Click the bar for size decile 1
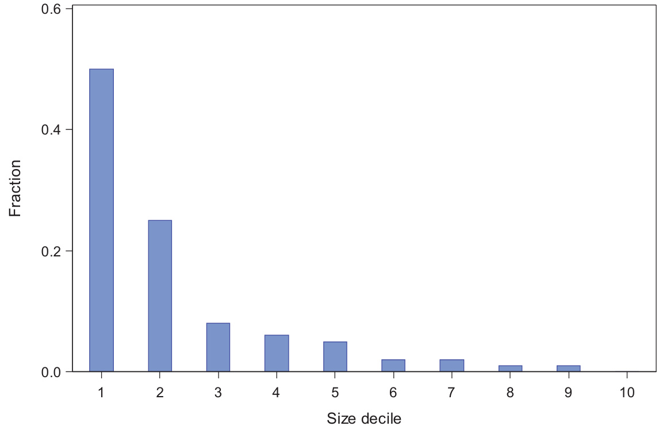(x=101, y=220)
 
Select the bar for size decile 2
(x=160, y=295)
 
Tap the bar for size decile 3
(x=218, y=347)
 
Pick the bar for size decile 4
(x=277, y=353)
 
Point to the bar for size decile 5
(x=335, y=356)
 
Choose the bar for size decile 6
(x=393, y=366)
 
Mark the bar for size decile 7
(x=451, y=366)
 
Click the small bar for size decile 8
(x=510, y=369)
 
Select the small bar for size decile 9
(x=568, y=369)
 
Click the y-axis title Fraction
(x=16, y=188)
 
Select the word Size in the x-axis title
(x=339, y=418)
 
